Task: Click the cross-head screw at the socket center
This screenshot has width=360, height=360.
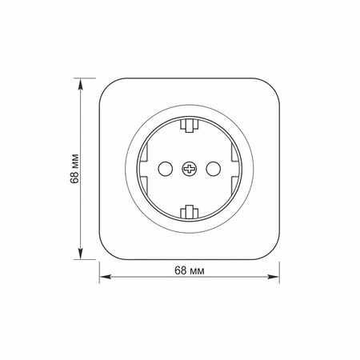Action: [x=190, y=169]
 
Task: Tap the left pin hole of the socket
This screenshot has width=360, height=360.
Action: [x=166, y=169]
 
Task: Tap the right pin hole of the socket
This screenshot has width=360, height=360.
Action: [x=214, y=169]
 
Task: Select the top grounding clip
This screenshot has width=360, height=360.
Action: [x=190, y=126]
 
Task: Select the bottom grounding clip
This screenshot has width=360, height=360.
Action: [x=190, y=212]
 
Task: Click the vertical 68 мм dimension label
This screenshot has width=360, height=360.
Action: [x=75, y=169]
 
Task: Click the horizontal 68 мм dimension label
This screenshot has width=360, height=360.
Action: [x=190, y=270]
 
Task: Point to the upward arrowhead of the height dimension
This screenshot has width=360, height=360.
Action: [x=81, y=84]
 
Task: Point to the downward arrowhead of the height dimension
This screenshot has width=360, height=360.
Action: [x=81, y=254]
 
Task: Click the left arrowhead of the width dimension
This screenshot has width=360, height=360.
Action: [x=106, y=277]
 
